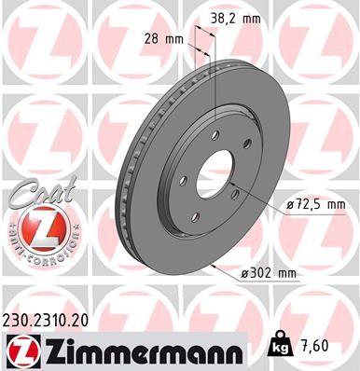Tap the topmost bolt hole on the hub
tap(215, 135)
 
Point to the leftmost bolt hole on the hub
tap(184, 179)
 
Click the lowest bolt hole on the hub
tap(207, 206)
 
